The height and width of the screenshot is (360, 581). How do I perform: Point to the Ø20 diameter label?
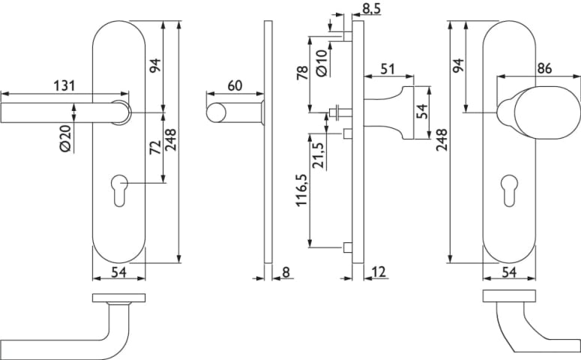(x=64, y=138)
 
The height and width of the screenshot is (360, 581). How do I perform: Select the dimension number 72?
(x=155, y=147)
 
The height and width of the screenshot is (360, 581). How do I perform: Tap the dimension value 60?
(x=234, y=85)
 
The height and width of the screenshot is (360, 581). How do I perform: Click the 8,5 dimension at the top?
(x=370, y=10)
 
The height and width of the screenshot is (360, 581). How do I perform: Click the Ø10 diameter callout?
(x=321, y=61)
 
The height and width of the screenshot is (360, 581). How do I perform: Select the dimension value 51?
(x=388, y=69)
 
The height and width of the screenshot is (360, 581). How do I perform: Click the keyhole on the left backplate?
(x=118, y=185)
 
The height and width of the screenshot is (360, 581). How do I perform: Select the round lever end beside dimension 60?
(x=216, y=113)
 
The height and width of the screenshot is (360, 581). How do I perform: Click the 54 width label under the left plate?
(x=118, y=272)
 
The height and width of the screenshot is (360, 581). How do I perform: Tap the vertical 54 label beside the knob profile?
(x=422, y=112)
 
